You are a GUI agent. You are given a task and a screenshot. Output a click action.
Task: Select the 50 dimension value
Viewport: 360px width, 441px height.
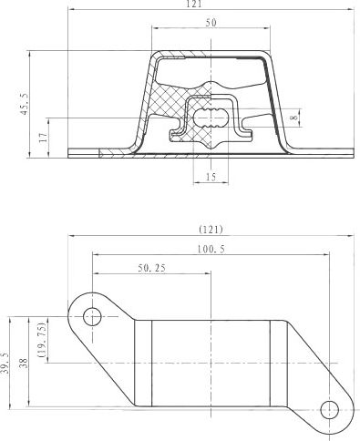pos(211,23)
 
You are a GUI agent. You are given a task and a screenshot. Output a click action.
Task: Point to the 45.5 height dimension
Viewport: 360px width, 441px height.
pos(25,104)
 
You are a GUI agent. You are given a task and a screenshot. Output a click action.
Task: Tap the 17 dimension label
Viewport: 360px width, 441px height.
pos(44,138)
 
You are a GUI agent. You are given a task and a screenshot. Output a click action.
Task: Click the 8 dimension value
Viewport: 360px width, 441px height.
pos(294,118)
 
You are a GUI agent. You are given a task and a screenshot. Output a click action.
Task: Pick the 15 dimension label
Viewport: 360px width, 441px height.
pos(211,177)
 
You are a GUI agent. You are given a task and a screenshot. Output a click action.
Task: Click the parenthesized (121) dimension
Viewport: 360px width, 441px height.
pos(211,230)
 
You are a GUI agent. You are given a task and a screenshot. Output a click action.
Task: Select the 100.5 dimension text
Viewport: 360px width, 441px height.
pos(211,250)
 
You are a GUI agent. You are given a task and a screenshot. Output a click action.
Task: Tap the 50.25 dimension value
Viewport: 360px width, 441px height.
pos(152,268)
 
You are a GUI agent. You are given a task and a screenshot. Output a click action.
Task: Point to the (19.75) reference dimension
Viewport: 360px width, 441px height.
pos(41,340)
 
